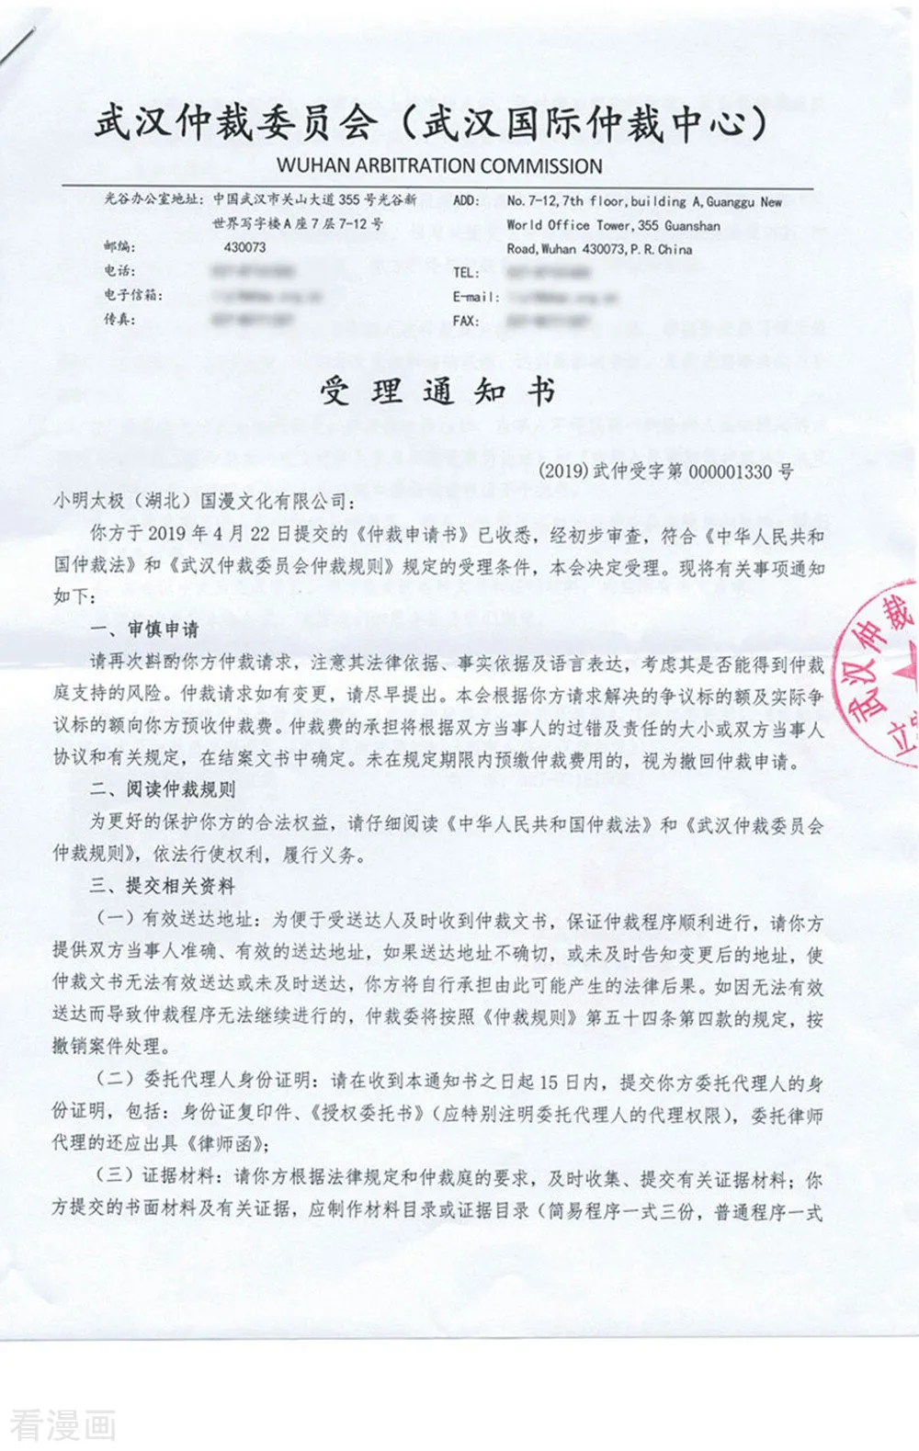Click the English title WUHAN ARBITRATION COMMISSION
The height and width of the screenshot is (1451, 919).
click(x=439, y=166)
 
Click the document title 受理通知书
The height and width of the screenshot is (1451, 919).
click(x=438, y=391)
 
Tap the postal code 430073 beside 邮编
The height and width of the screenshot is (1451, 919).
click(x=244, y=247)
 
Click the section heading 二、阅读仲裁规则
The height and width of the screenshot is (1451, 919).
click(x=163, y=788)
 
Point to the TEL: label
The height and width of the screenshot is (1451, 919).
click(x=466, y=272)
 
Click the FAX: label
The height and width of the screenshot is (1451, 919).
click(x=466, y=321)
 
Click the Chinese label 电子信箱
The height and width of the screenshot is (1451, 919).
click(x=133, y=295)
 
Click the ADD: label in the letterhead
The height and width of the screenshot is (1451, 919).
click(x=466, y=200)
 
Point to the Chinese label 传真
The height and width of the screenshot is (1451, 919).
click(x=119, y=320)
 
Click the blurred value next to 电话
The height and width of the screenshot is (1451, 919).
click(x=253, y=271)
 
